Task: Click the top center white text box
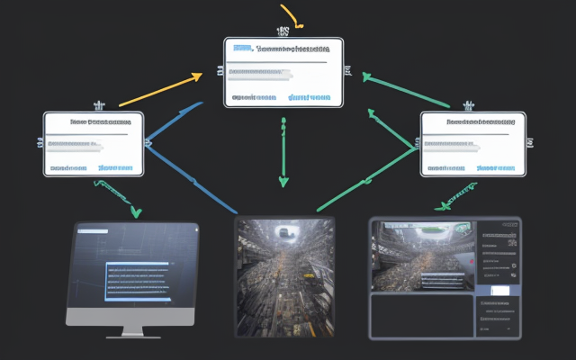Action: point(283,72)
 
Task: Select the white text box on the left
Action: point(94,144)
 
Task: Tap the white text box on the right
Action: point(472,144)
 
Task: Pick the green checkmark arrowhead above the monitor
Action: point(135,212)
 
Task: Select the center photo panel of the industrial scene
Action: point(284,276)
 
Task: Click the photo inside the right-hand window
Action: point(421,256)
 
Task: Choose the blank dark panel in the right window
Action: point(421,315)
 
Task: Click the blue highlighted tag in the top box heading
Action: point(241,49)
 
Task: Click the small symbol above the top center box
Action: point(283,31)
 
